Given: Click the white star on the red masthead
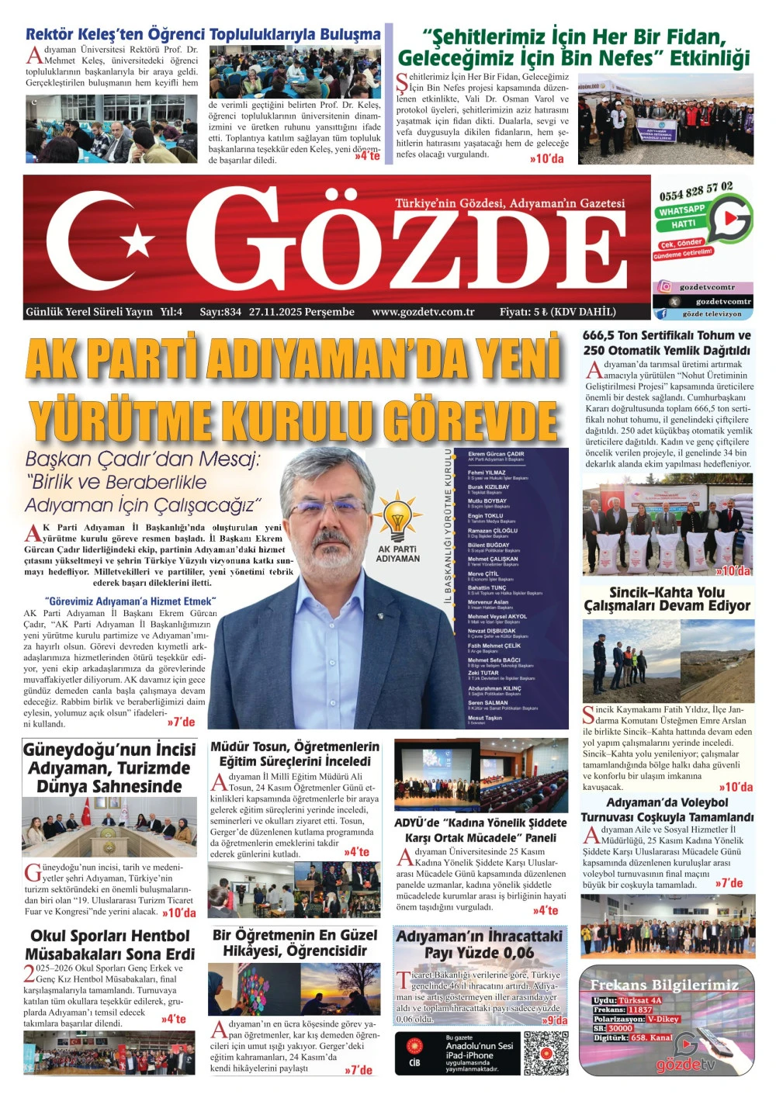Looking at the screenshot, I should point(138,240).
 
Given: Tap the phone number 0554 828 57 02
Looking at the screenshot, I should point(695,190).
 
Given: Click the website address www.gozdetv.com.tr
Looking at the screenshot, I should point(423,312).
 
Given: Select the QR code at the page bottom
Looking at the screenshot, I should point(546,1052).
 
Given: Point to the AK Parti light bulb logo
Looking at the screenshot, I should point(397,515).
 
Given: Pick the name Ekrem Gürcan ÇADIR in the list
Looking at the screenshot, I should point(496,454).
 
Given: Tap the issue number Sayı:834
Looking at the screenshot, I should point(220,312).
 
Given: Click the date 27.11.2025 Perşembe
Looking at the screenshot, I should point(302,312).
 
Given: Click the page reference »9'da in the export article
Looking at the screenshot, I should point(555,1020).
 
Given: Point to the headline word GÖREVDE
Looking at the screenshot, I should point(474,421).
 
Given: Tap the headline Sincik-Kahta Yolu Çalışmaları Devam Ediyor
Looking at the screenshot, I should point(667,599).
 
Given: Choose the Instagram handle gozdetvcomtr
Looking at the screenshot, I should point(706,287).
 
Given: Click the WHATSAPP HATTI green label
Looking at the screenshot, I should point(683,216).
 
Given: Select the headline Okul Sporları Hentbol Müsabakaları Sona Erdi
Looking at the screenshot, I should point(109,944).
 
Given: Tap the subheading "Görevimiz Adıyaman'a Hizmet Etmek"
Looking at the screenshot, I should point(130,601).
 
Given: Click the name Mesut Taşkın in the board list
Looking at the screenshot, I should point(485,718).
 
